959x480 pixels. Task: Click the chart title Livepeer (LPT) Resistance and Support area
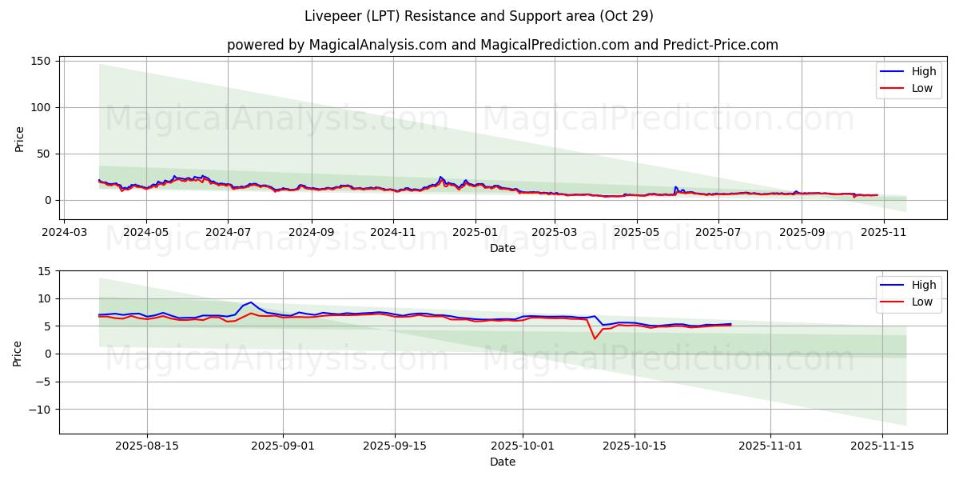tap(479, 16)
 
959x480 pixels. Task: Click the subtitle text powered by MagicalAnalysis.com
tap(336, 45)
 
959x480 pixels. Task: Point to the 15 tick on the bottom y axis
tap(45, 271)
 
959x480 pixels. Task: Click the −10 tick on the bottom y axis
tap(40, 409)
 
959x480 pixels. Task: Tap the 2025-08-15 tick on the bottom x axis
tap(147, 445)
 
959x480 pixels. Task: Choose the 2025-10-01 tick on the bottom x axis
tap(523, 445)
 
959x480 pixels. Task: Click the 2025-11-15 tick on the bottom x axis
tap(882, 445)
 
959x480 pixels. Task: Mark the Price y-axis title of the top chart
tap(20, 138)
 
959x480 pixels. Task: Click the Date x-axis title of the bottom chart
tap(502, 462)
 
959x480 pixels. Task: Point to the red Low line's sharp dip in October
tap(595, 338)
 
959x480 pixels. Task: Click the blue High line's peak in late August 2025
tap(251, 302)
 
